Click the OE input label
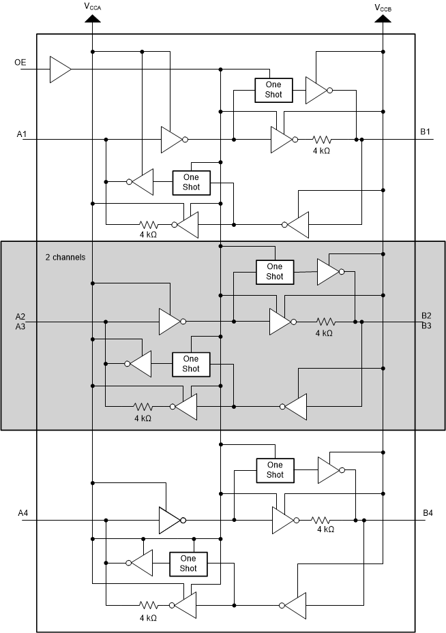[20, 63]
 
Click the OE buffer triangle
[59, 69]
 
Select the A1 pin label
[22, 134]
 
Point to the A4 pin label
[22, 513]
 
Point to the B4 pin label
[428, 512]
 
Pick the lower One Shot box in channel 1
[192, 182]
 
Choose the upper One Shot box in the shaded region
[274, 272]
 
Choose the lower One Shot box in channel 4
[188, 563]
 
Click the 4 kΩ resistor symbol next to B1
[321, 139]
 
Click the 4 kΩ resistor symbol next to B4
[324, 521]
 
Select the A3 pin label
[20, 326]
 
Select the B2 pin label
[426, 315]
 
